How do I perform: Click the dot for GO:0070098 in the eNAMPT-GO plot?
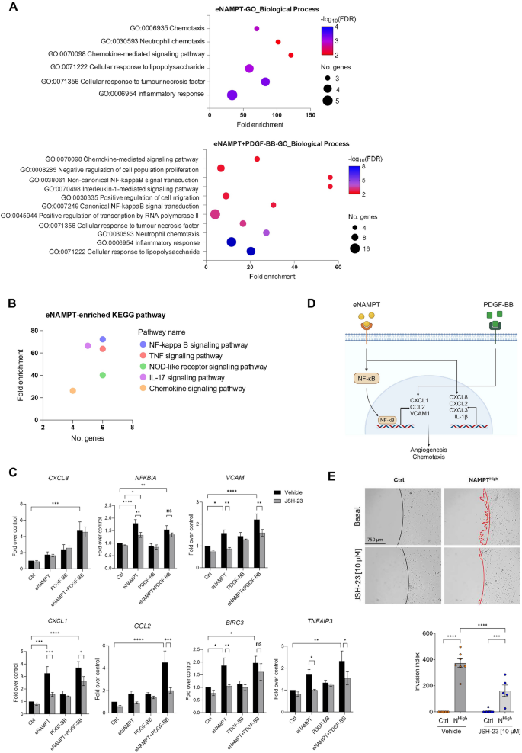(291, 55)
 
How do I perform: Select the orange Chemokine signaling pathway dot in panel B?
(72, 391)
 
